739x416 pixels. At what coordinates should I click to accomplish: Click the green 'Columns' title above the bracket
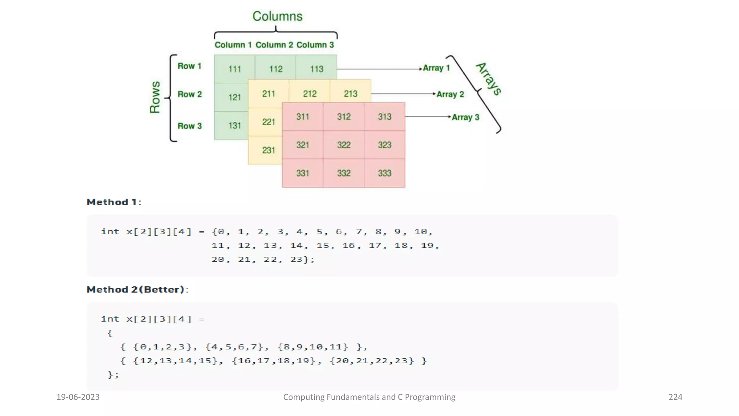[277, 16]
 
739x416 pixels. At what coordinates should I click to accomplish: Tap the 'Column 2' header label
[274, 45]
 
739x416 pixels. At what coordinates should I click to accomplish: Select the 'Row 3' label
[189, 126]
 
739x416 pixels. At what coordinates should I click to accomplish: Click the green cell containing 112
[276, 69]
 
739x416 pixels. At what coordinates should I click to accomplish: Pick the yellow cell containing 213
[350, 94]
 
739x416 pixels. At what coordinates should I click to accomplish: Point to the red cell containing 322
[344, 145]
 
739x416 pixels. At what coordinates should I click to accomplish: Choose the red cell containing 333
[384, 173]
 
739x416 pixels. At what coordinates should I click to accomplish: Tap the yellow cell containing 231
[268, 150]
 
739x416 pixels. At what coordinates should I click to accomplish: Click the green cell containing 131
[234, 125]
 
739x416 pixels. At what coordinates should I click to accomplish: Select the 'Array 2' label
[450, 94]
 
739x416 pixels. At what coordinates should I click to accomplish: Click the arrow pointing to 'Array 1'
[379, 69]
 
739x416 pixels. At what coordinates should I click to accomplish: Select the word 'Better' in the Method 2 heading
[164, 290]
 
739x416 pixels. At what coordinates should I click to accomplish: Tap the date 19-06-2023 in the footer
[78, 397]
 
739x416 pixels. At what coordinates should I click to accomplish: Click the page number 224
[675, 397]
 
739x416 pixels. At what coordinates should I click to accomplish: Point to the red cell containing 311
[302, 117]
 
